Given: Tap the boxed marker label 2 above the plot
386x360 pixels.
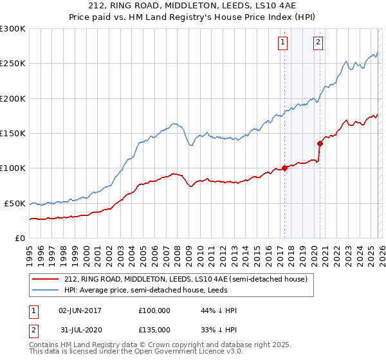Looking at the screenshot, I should point(318,43).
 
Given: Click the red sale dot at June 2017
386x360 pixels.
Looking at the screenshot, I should point(284,168).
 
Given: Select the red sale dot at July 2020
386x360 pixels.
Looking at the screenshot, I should point(320,143).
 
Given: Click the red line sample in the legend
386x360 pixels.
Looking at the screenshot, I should point(45,279).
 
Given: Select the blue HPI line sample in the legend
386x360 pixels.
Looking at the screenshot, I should point(45,290).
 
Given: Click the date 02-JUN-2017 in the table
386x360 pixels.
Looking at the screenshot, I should point(80,310).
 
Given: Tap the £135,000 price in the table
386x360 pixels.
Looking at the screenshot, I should point(154,329).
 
